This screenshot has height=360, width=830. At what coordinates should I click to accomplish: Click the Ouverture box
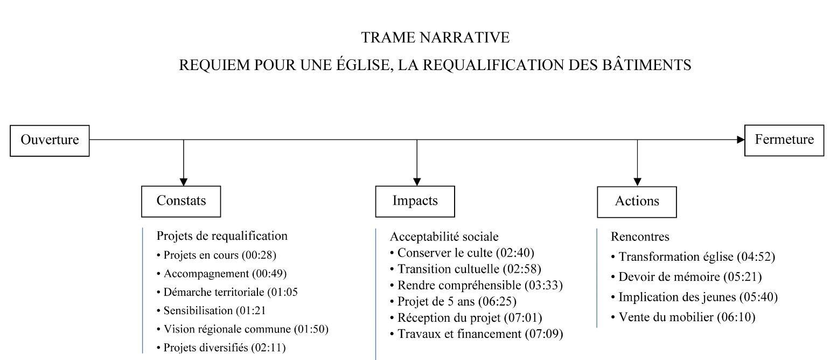point(50,140)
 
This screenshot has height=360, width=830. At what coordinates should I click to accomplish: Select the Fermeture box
point(784,140)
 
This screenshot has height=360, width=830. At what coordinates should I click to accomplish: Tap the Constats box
point(181,201)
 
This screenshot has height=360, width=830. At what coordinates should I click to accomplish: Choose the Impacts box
point(415,201)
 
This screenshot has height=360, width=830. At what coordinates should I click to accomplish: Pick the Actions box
point(637,202)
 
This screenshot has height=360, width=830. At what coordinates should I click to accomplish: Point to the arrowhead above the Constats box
point(184,182)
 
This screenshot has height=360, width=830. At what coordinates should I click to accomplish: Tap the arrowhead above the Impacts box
point(417,182)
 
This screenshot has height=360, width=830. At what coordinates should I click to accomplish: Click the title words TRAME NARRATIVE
point(435,37)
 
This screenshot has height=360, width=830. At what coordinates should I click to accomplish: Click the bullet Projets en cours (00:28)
point(216,255)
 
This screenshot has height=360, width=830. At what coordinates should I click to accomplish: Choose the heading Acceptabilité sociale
point(444,237)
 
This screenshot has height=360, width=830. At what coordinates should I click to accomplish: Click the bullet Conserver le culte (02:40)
point(462,253)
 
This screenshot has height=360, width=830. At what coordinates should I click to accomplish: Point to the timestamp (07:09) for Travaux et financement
point(544,334)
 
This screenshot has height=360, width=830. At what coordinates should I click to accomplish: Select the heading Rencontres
point(640,237)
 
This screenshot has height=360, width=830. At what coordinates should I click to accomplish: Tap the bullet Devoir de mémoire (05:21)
point(687,277)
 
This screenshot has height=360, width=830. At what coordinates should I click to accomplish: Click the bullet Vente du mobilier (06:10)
point(683,317)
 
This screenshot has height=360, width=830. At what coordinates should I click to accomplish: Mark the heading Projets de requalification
point(222,236)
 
